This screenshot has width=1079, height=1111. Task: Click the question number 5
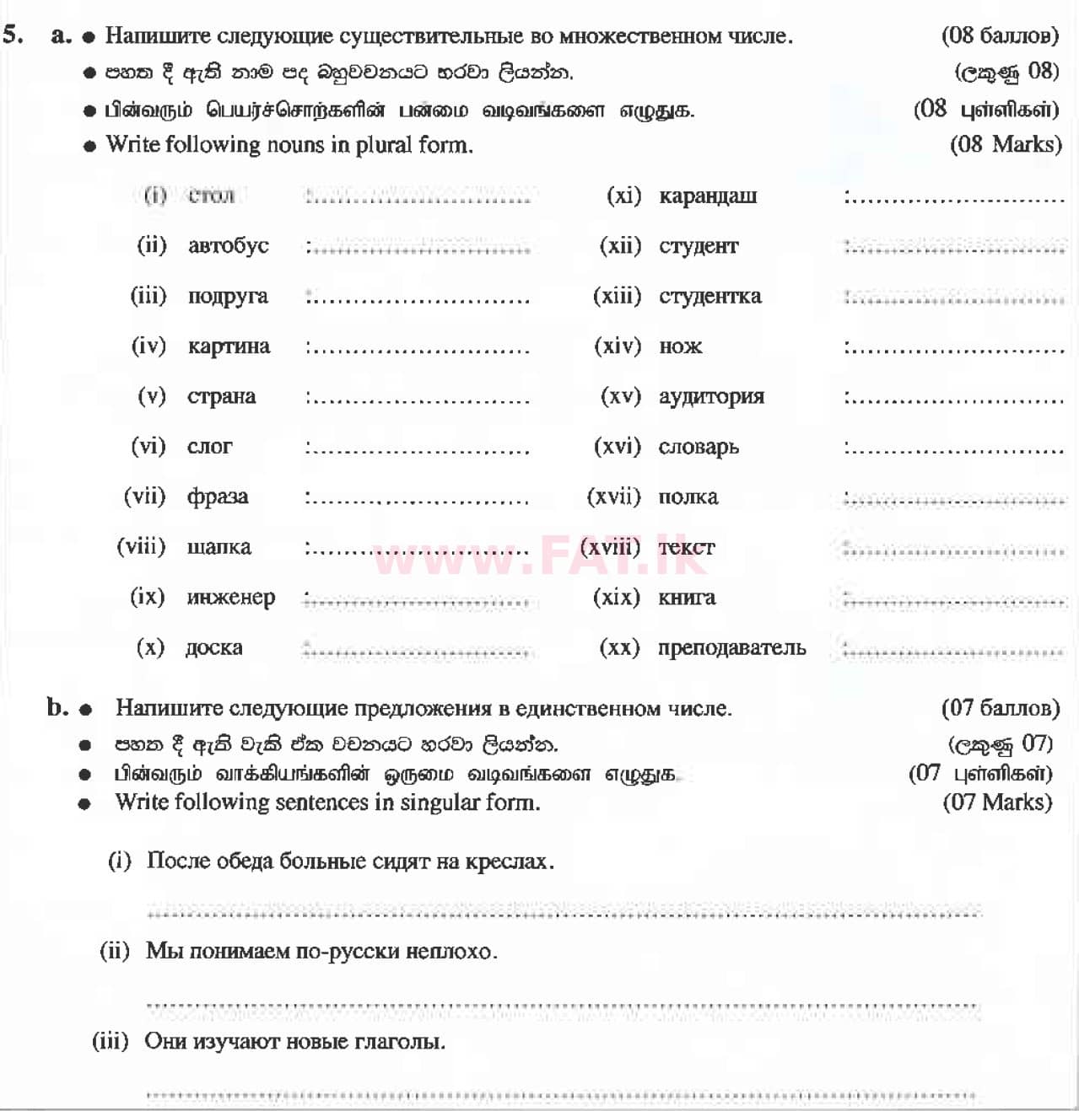tap(12, 35)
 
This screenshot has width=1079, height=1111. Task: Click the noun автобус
tap(228, 246)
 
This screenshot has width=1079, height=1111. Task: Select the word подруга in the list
tap(228, 297)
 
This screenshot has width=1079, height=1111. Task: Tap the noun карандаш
tap(708, 196)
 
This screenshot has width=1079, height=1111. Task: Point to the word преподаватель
tap(731, 648)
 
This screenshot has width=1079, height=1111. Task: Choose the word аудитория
tap(711, 397)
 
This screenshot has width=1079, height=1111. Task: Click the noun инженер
tap(230, 598)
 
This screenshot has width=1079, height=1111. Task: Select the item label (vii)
tap(144, 496)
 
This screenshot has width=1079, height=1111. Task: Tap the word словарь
tap(699, 448)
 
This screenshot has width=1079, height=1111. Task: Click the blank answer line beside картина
tap(418, 348)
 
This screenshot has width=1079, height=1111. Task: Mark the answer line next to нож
tap(953, 348)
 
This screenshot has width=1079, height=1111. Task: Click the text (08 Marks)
tap(1005, 144)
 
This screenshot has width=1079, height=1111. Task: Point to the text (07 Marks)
tap(997, 802)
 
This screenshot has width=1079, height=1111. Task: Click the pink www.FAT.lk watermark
tap(540, 555)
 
